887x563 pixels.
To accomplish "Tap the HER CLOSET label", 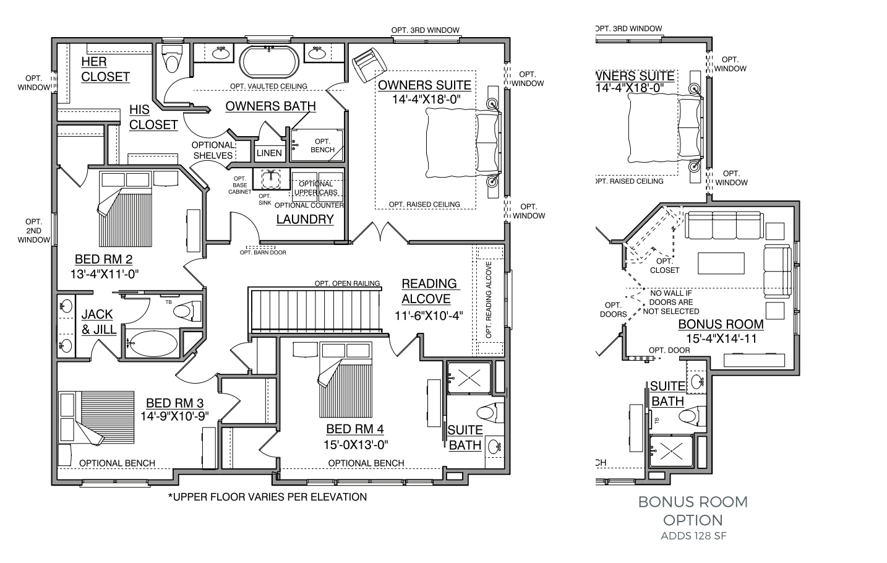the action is pyautogui.click(x=105, y=69).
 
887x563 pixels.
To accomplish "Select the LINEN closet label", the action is pyautogui.click(x=269, y=153).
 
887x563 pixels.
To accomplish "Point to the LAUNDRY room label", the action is pyautogui.click(x=305, y=219).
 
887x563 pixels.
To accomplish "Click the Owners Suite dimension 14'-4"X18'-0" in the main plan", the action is pyautogui.click(x=426, y=99).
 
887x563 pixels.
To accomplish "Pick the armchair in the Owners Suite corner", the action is pyautogui.click(x=369, y=65).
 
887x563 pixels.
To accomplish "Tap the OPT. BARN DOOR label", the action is pyautogui.click(x=263, y=252).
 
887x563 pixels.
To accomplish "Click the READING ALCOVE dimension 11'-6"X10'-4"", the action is pyautogui.click(x=429, y=316).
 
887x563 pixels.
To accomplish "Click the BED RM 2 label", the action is pyautogui.click(x=104, y=259).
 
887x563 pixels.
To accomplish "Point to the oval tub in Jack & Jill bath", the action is pyautogui.click(x=153, y=343).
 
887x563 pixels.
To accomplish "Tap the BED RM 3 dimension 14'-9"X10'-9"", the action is pyautogui.click(x=174, y=416).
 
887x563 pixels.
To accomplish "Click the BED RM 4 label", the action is pyautogui.click(x=355, y=429).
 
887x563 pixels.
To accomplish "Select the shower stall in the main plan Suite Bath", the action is pyautogui.click(x=469, y=377).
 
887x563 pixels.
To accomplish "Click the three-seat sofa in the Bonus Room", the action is pyautogui.click(x=724, y=225).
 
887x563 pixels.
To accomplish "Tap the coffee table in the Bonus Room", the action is pyautogui.click(x=721, y=263).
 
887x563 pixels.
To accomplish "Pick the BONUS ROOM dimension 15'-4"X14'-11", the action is pyautogui.click(x=721, y=339).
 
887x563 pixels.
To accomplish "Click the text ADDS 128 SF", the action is pyautogui.click(x=694, y=536).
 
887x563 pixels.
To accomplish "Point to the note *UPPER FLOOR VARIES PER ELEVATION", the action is pyautogui.click(x=267, y=497).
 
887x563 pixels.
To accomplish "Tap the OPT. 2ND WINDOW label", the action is pyautogui.click(x=33, y=231).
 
